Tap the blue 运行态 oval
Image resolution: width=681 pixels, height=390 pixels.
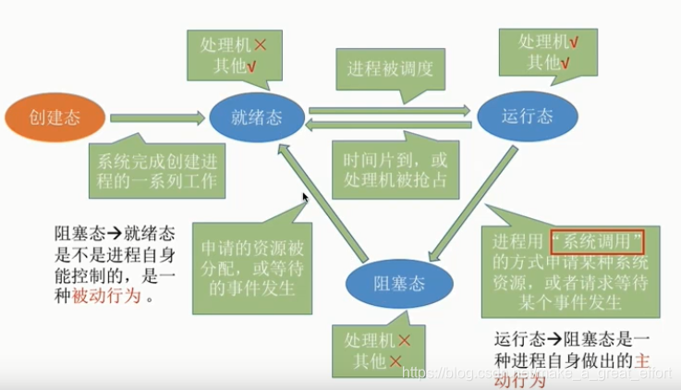[526, 117]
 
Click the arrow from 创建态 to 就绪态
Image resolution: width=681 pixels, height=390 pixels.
[157, 118]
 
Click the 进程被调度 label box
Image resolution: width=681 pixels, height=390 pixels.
[390, 69]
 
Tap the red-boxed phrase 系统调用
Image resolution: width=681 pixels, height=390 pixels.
[596, 243]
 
